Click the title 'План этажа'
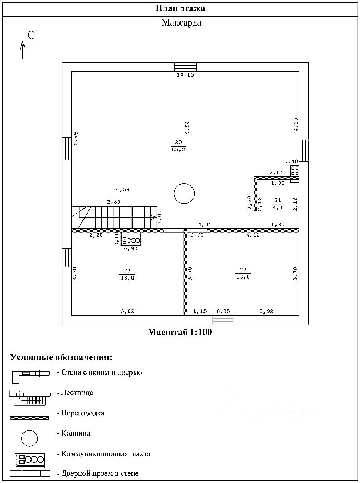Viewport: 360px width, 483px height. (x=180, y=8)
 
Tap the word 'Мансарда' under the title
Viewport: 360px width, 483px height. (x=181, y=23)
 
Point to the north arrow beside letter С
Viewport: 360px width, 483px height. (x=23, y=50)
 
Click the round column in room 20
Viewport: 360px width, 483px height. (x=184, y=194)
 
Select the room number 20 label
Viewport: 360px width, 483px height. (x=178, y=142)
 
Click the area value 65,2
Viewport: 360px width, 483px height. (x=178, y=149)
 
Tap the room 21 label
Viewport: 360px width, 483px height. (x=278, y=200)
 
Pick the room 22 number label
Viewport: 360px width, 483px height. (x=243, y=270)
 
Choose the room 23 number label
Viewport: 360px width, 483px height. (x=127, y=270)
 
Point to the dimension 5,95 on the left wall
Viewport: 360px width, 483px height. (x=76, y=138)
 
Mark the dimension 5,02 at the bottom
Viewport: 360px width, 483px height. (x=128, y=311)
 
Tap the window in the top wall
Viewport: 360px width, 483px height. (x=185, y=67)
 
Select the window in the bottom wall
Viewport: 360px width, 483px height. (x=224, y=320)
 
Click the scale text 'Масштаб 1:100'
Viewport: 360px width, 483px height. (x=179, y=332)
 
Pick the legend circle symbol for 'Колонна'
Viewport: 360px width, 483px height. (x=29, y=437)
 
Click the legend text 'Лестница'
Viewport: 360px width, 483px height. (x=77, y=393)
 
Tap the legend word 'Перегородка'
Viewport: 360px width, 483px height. (x=82, y=413)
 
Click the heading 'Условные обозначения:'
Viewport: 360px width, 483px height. (x=61, y=358)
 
